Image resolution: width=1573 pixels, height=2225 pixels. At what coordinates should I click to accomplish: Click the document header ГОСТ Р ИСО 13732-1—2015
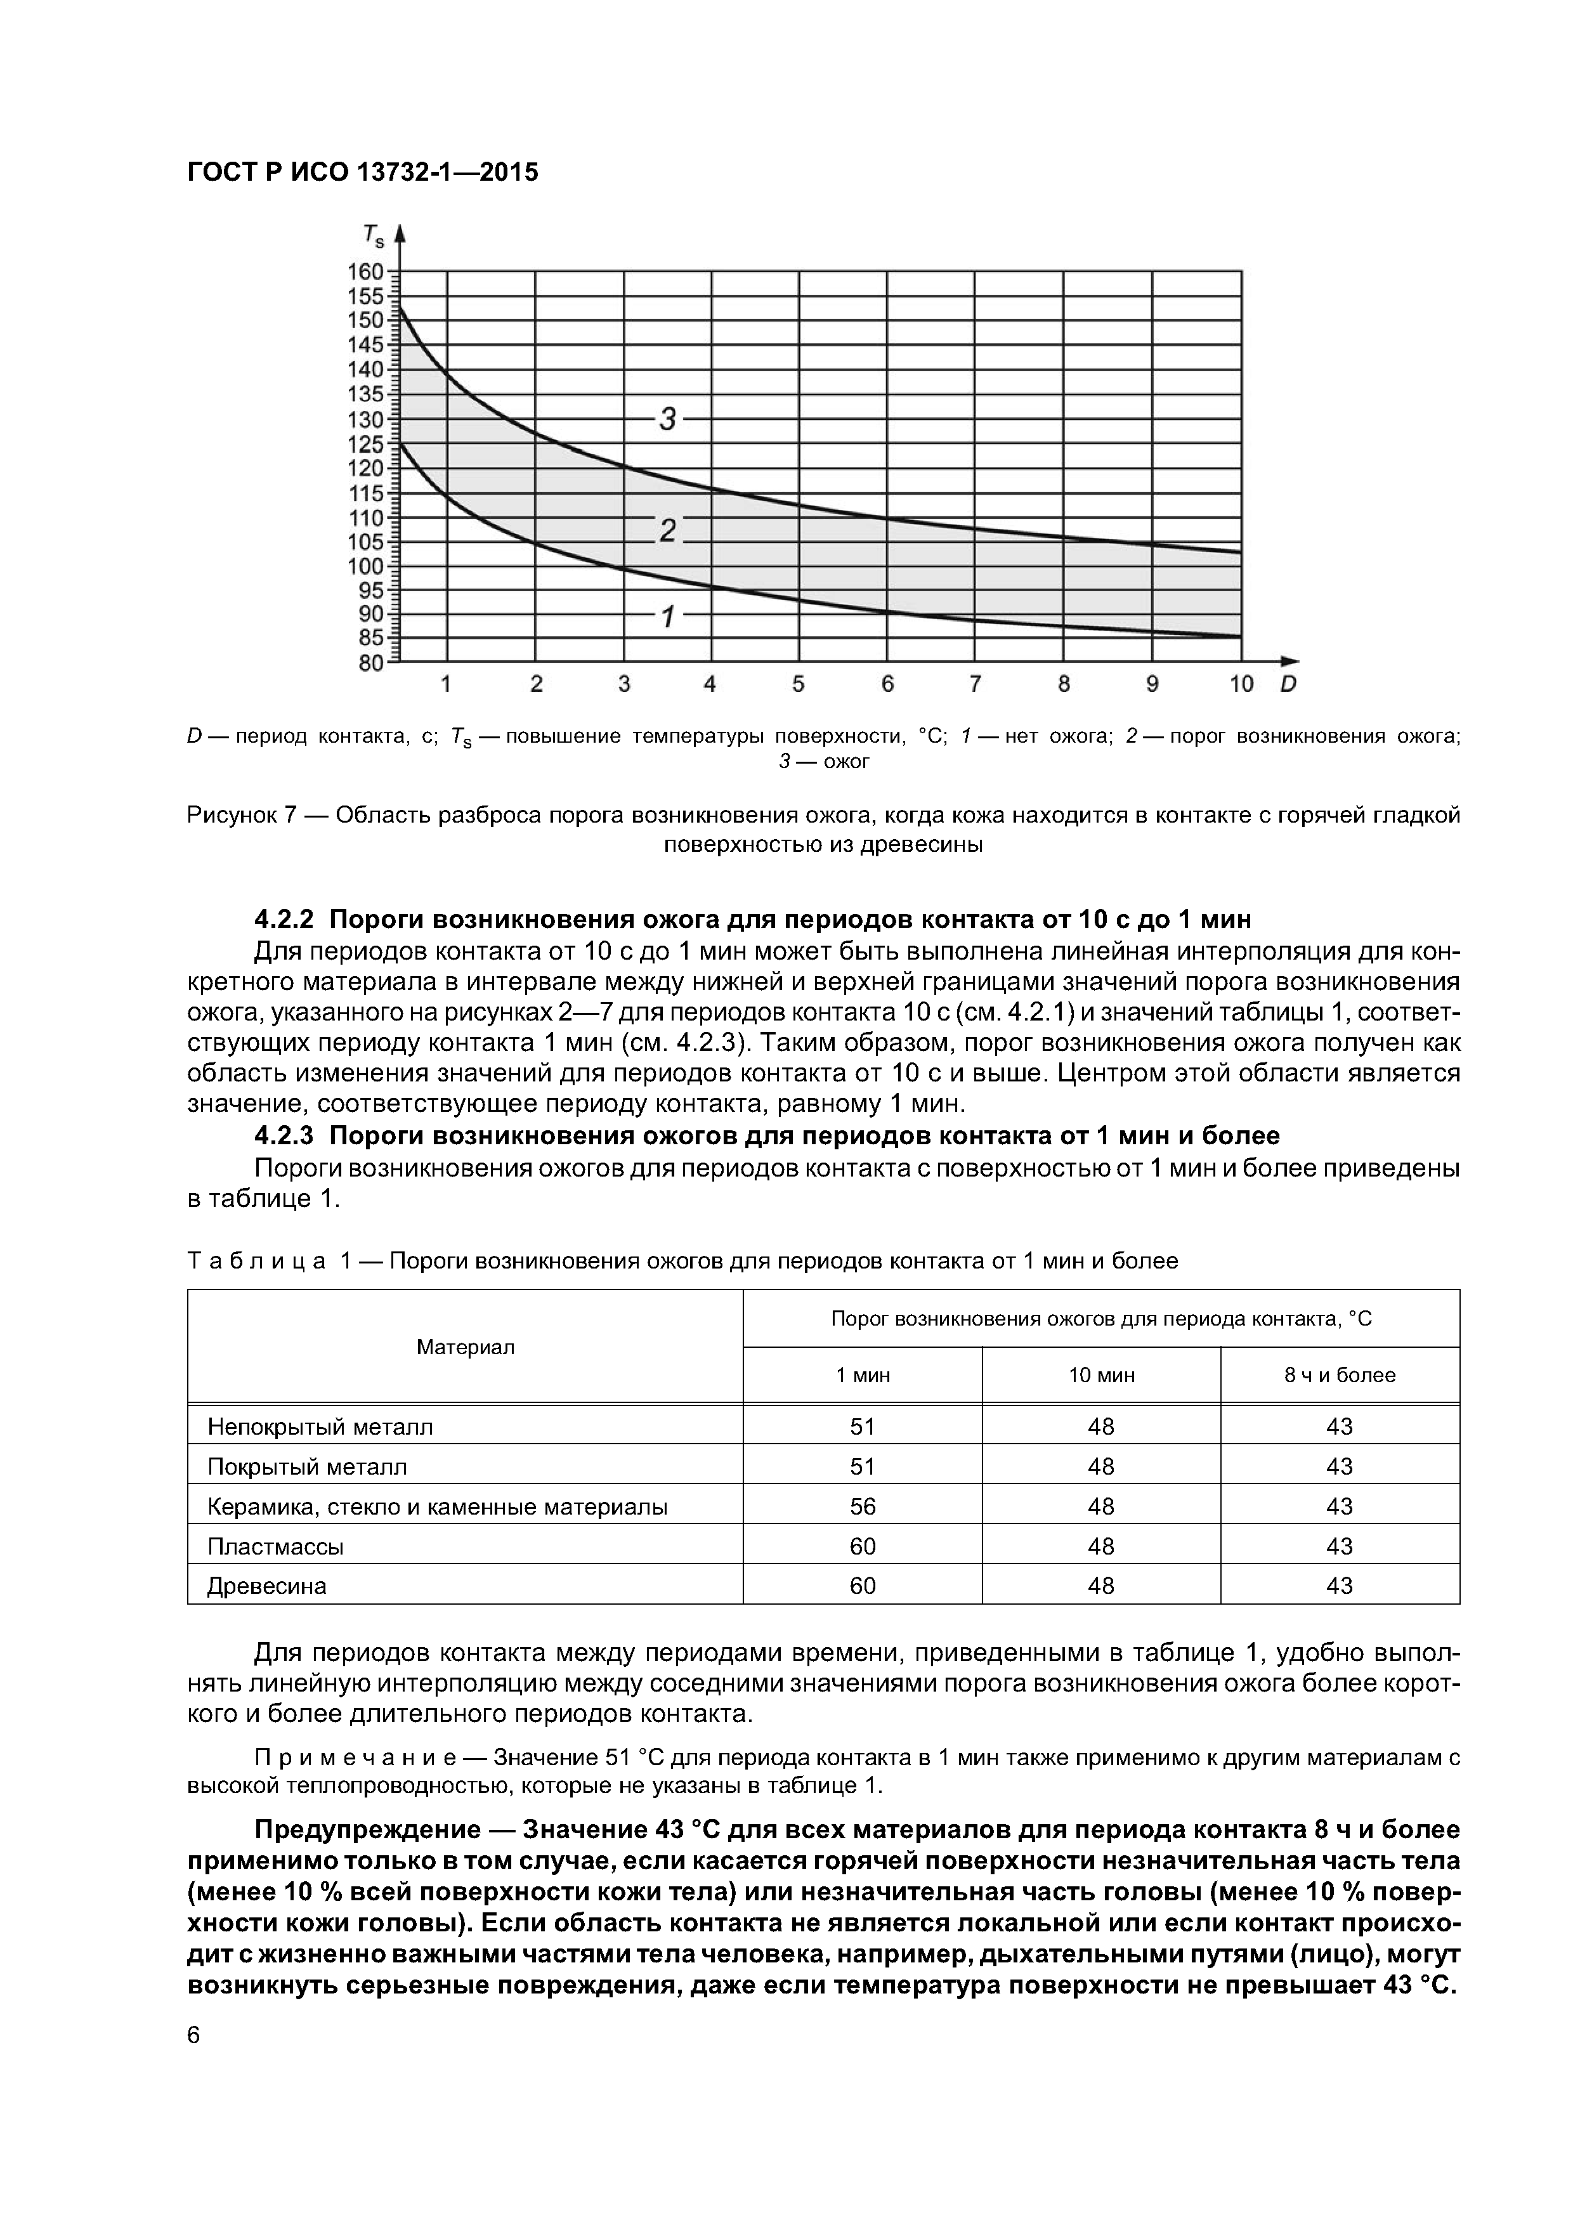point(362,173)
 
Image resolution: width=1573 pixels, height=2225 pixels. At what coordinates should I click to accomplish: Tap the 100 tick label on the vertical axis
point(367,566)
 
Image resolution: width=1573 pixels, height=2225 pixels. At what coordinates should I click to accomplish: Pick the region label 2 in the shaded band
point(667,530)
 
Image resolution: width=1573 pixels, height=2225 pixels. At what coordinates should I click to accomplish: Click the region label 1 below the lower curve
point(667,617)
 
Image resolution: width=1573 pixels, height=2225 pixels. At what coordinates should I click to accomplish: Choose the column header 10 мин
point(1101,1375)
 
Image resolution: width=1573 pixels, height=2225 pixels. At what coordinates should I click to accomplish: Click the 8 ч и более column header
point(1340,1375)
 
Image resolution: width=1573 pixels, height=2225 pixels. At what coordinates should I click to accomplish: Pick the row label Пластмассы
point(276,1546)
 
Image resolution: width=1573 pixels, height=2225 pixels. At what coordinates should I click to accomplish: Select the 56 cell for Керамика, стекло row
point(863,1507)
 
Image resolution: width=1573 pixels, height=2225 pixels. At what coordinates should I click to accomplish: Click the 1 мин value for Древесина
point(863,1586)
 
